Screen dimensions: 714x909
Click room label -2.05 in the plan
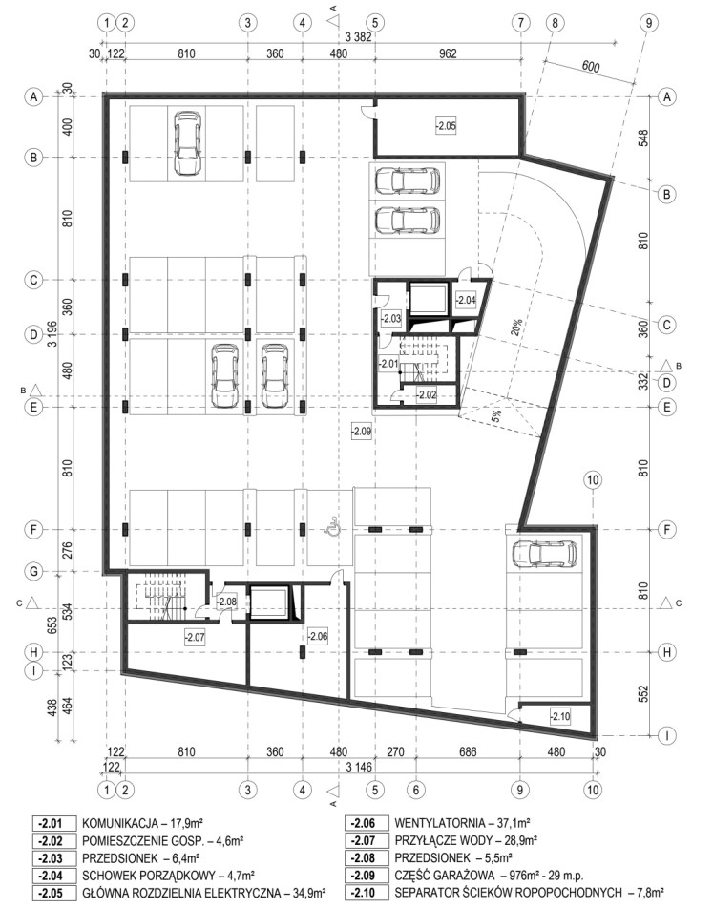446,125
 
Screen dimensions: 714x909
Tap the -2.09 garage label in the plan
361,432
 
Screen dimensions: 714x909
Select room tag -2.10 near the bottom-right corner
559,716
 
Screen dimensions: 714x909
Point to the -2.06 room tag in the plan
318,636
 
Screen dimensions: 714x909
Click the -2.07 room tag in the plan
195,637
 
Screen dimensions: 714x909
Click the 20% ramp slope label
515,327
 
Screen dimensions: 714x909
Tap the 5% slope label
496,414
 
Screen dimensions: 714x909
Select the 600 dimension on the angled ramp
590,66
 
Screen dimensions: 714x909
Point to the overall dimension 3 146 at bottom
359,768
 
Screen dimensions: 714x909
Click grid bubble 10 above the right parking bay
593,480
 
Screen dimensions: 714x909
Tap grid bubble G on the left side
33,572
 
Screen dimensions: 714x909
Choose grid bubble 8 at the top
555,23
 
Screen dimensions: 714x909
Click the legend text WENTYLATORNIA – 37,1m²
462,823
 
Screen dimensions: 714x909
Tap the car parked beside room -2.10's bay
545,553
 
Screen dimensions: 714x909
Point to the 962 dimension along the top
448,53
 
